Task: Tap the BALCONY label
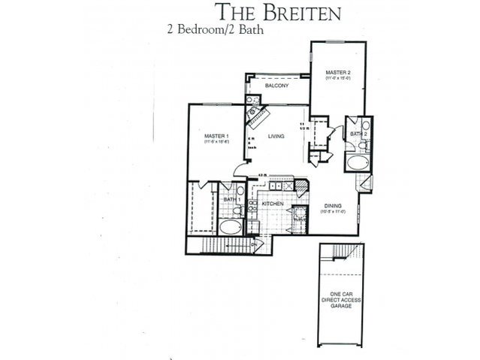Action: point(278,86)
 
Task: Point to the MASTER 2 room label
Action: point(337,71)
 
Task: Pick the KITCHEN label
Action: point(271,204)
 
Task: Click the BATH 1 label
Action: point(231,199)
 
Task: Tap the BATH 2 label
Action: point(357,134)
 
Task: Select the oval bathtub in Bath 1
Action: point(231,227)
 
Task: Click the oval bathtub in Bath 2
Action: point(358,162)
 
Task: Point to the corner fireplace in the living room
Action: point(258,116)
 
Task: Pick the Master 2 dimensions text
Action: point(337,77)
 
